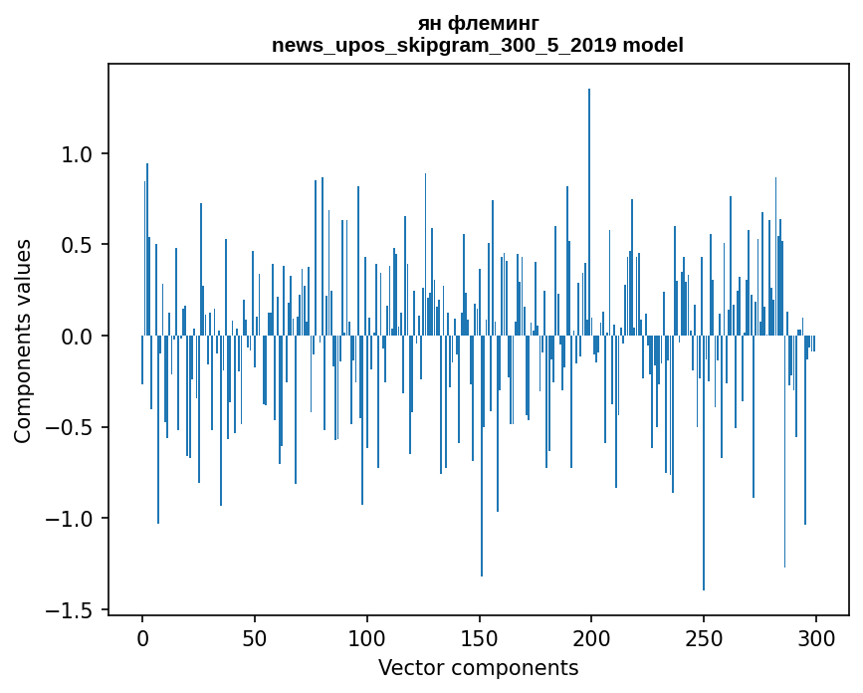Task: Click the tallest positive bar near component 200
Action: click(589, 212)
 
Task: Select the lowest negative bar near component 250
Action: click(704, 463)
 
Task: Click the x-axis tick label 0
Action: click(142, 639)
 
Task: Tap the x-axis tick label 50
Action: click(254, 639)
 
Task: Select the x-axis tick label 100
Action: click(366, 639)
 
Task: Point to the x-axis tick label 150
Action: click(479, 639)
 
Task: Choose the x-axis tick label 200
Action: click(591, 639)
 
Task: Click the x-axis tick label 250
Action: click(704, 639)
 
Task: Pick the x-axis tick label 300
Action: click(815, 639)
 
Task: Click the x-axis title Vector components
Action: click(478, 668)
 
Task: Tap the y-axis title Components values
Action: click(23, 342)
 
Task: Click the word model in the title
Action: click(653, 45)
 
